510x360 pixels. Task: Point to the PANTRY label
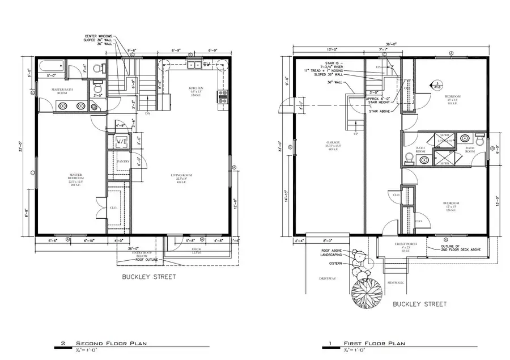(x=123, y=162)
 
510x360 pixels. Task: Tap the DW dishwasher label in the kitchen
(x=207, y=65)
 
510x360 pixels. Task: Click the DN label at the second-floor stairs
(x=147, y=114)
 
